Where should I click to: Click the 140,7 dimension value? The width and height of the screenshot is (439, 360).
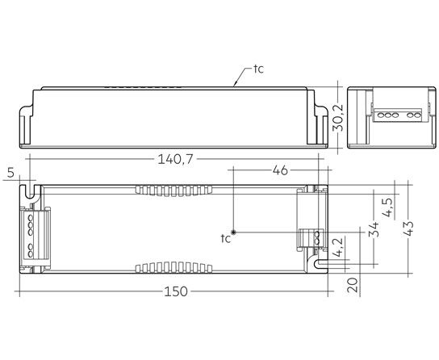pos(176,160)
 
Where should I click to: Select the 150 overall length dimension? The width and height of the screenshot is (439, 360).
pos(176,291)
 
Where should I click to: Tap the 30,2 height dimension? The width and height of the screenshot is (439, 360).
pos(337,118)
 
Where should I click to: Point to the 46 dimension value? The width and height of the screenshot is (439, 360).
pos(280,170)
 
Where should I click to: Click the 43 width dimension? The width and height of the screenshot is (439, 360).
pos(409,228)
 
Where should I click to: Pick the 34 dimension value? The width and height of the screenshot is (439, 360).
pos(374,229)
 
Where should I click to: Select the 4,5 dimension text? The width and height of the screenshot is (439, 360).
pos(389,207)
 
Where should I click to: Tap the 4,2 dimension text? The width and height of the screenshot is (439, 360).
pos(337,247)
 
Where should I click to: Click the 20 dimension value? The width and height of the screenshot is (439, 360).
pos(353,285)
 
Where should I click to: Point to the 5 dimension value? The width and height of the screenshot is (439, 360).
pos(10,173)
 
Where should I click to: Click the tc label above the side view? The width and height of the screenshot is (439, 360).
pos(259,69)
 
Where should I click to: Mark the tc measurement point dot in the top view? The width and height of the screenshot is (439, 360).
pos(233,232)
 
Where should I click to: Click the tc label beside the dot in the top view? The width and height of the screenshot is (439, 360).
pos(226,238)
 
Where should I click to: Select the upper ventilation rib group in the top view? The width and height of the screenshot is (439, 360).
pos(174,190)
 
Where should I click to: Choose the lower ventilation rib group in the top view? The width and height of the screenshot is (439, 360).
pos(174,268)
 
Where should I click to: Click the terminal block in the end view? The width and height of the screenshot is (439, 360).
pos(397,115)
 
